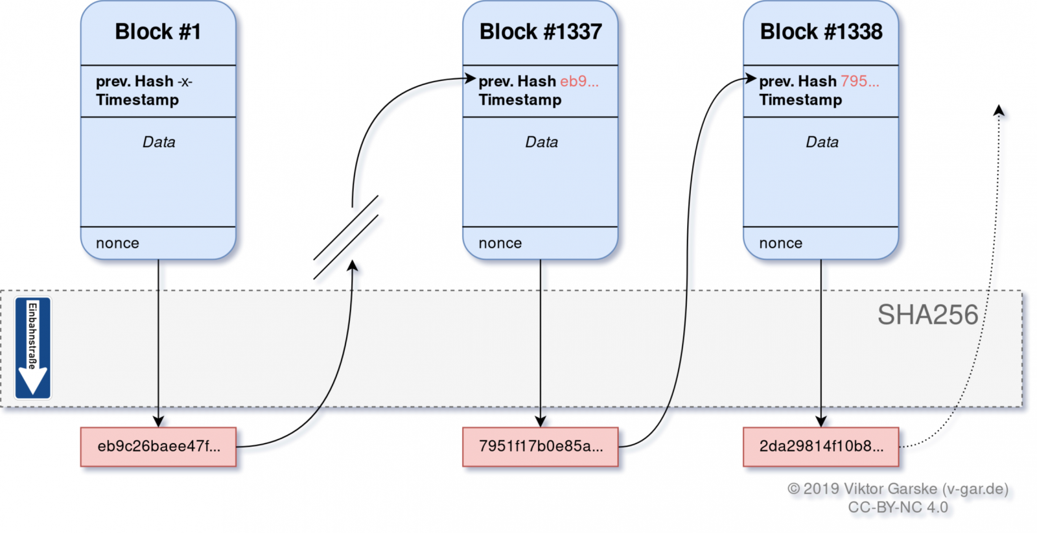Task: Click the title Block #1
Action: tap(157, 32)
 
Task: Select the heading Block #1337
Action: tap(540, 32)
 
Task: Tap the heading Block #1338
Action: tap(821, 32)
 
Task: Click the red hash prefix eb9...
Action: tap(579, 82)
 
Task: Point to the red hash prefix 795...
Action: tap(859, 82)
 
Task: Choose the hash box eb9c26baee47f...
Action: tap(158, 447)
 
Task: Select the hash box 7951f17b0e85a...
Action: tap(540, 447)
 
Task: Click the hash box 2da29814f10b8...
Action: tap(821, 447)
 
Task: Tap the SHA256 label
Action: tap(927, 315)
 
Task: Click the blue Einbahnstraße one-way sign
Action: tap(32, 348)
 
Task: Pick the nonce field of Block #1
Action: tap(118, 243)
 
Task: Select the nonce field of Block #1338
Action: tap(780, 243)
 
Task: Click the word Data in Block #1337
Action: tap(541, 142)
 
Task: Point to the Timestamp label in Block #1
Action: tap(137, 100)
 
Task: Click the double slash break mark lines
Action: tap(345, 237)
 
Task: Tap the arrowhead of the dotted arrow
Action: tap(999, 111)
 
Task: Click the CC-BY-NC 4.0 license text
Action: tap(898, 508)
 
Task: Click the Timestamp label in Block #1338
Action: tap(800, 100)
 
